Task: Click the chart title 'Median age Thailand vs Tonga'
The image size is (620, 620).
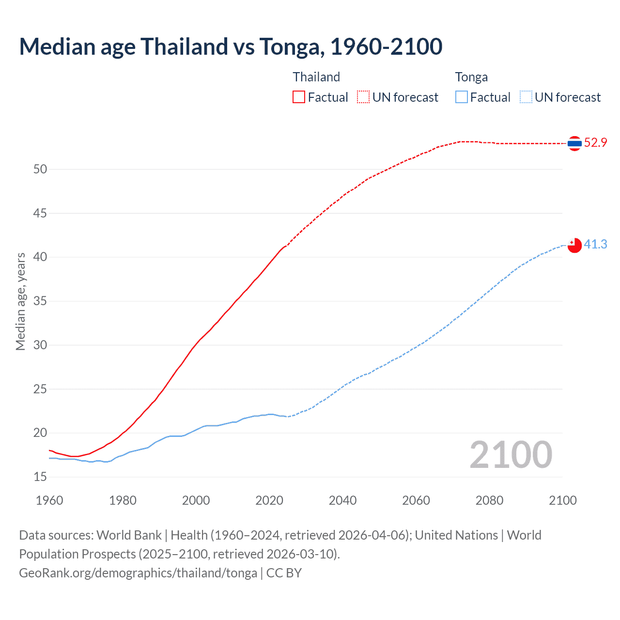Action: tap(231, 46)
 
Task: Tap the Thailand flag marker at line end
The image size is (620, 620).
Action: tap(574, 143)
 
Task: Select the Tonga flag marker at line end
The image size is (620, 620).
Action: tap(574, 245)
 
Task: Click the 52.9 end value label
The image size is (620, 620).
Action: tap(595, 142)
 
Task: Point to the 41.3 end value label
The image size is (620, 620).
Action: tap(595, 244)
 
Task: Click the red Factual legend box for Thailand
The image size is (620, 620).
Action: tap(299, 97)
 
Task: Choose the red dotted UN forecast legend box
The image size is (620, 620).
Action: tap(363, 97)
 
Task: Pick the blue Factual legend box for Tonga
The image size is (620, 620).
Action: tap(462, 97)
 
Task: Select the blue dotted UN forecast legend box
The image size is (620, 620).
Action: tap(526, 97)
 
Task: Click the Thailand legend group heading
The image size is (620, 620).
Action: tap(316, 77)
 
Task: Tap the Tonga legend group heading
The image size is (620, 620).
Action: tap(471, 77)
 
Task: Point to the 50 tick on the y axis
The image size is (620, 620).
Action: tap(40, 169)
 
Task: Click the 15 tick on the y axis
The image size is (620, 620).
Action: tap(40, 477)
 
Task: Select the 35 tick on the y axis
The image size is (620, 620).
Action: tap(40, 301)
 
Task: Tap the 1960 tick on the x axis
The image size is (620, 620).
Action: tap(49, 500)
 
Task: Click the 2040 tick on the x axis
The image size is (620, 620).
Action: tap(342, 500)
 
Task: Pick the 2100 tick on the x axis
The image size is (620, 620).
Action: tap(562, 500)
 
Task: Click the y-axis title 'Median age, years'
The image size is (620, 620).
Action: tap(20, 301)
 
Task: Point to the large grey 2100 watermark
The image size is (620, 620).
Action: tap(511, 454)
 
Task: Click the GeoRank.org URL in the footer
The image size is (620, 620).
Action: tap(138, 573)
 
